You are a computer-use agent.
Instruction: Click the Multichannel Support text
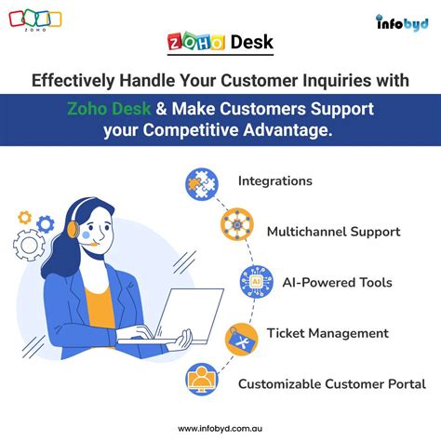pos(334,231)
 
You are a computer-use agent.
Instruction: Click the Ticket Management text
pos(327,333)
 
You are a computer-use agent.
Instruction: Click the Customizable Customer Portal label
pos(332,383)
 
